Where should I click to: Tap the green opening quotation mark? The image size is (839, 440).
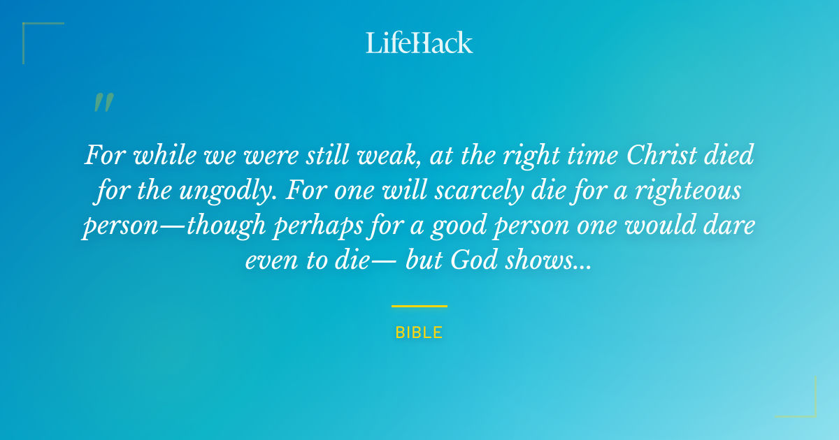tap(103, 103)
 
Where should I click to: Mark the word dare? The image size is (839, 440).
tap(727, 227)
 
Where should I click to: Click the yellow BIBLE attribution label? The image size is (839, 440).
tap(419, 332)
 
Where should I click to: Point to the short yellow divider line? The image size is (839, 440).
tap(419, 306)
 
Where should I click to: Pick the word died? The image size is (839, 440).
tap(730, 154)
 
